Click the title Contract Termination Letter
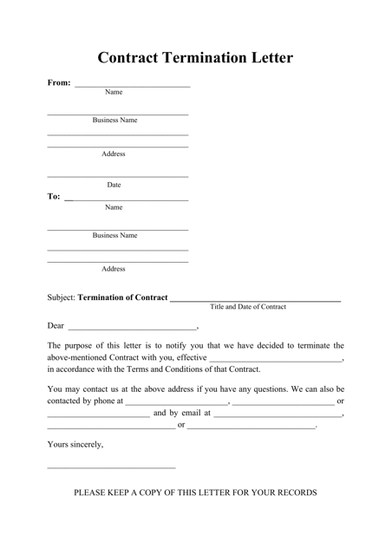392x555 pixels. pos(195,58)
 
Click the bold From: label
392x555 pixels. pos(59,83)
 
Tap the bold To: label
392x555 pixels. pos(54,197)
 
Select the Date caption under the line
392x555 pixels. pos(114,185)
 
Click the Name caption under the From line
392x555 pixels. pos(114,92)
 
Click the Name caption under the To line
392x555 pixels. pos(114,207)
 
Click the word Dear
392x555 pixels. pos(56,326)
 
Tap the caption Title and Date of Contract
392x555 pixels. pos(248,307)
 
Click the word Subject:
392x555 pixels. pos(62,297)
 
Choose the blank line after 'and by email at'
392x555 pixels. pos(278,416)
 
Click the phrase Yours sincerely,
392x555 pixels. pos(75,445)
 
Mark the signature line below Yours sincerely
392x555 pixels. pos(111,468)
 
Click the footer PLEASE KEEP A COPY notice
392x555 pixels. pos(195,493)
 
